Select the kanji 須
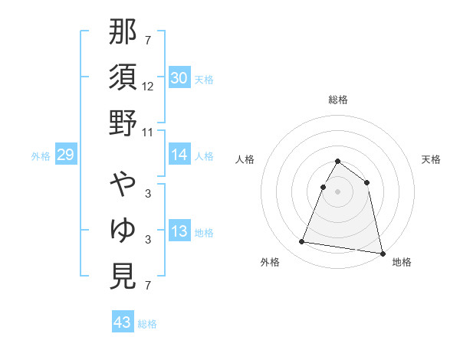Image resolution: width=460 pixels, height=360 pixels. coord(123,77)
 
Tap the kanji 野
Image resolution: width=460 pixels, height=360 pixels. coord(123,122)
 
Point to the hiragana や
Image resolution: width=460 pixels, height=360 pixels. coord(123,185)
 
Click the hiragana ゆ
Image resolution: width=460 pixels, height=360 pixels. coord(123,230)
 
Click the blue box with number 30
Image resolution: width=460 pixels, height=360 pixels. coord(179,77)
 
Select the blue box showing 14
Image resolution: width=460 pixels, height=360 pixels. coord(179,155)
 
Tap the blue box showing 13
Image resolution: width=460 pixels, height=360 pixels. coord(179,231)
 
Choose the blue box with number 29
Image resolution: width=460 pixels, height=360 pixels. coord(65,155)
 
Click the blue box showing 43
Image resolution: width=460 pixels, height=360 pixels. coord(123,322)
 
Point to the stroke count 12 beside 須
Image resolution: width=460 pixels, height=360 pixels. coord(148,87)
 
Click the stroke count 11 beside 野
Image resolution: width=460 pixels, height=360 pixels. coord(148,131)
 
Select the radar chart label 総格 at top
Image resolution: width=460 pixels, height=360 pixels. coord(338,100)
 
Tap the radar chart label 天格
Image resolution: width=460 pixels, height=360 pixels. coord(431,159)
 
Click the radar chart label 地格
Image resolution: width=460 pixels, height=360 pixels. coord(402,262)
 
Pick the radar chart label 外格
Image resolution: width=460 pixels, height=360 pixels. coord(271,262)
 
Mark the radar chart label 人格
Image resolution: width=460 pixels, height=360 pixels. coord(245,159)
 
